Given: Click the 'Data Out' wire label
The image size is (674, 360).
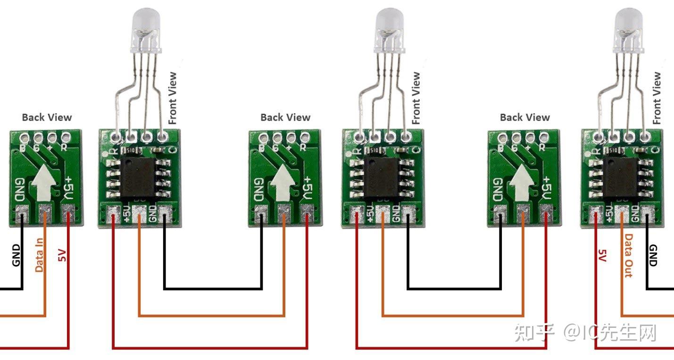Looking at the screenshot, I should (629, 255).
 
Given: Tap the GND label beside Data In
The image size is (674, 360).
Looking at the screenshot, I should (17, 255).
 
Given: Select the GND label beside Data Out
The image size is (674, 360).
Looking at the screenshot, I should (654, 255).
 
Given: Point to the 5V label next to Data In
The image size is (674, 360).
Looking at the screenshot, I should (62, 255).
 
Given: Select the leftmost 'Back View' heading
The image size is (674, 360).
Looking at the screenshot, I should (47, 117).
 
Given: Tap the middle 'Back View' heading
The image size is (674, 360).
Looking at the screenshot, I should (285, 117).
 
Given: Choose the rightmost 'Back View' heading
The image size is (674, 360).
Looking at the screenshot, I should (524, 117).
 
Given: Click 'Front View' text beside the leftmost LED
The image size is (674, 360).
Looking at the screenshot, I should (173, 98).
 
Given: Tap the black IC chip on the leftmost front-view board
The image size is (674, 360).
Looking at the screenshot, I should (140, 177).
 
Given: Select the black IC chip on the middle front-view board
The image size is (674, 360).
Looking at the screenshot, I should (383, 177).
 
